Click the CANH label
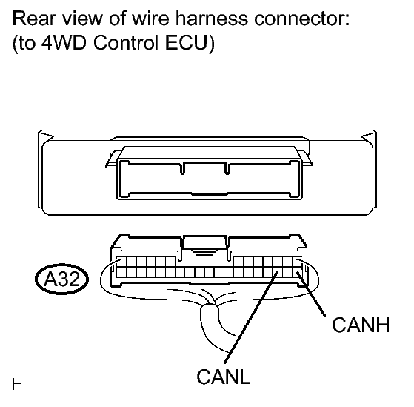361,325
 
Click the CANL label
224,377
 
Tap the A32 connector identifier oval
61,279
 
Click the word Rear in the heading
34,19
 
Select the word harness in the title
212,19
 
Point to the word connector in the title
302,19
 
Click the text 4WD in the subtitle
64,42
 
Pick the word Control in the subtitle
126,42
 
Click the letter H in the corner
17,384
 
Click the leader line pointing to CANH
311,294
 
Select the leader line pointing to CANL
251,317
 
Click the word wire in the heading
150,19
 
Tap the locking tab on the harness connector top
204,245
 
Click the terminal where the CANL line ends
278,272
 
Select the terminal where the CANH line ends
297,272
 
